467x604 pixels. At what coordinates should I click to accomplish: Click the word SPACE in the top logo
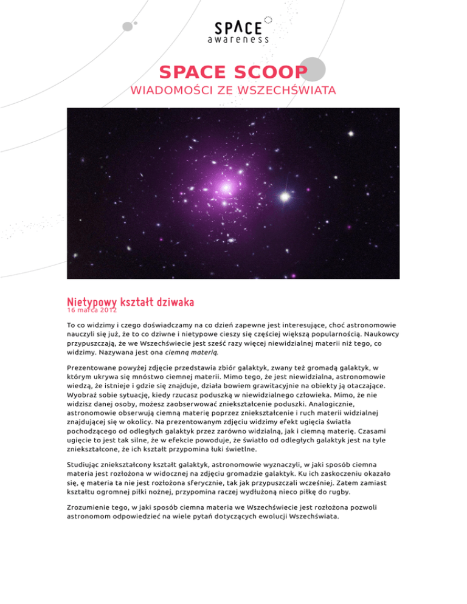tap(238, 27)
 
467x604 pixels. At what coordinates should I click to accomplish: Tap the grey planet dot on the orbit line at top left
tap(127, 26)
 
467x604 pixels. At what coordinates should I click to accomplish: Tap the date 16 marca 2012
tap(91, 309)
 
